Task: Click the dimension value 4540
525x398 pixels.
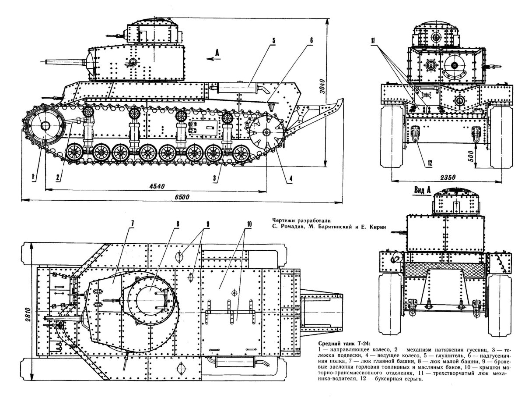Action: pos(156,185)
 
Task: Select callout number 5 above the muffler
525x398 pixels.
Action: pos(273,41)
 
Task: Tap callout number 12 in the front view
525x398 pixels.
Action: pos(429,163)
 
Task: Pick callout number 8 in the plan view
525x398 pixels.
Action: pos(178,223)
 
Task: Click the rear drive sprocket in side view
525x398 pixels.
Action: pos(266,131)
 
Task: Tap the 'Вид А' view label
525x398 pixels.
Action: pos(423,190)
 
